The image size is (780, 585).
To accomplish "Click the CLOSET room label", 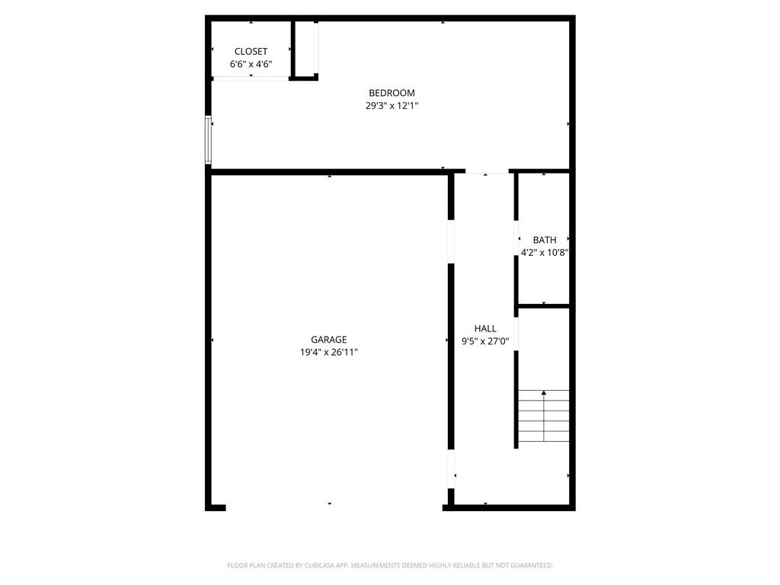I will tap(251, 52).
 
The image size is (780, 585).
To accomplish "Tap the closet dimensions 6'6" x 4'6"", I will tap(251, 65).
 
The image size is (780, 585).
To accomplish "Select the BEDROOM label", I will tap(392, 93).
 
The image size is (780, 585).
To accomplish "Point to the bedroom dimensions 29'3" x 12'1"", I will tap(392, 106).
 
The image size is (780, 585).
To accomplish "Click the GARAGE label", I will tap(328, 340).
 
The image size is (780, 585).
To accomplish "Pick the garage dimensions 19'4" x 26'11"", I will tap(328, 353).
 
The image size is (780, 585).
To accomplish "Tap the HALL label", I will tap(485, 328).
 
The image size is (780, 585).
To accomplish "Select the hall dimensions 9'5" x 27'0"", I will tap(485, 341).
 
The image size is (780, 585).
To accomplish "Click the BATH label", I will tap(544, 240).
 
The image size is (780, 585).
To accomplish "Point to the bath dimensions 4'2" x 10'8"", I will tap(544, 253).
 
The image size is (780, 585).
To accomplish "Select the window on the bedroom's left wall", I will tap(208, 139).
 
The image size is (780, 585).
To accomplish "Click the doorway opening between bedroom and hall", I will tap(487, 172).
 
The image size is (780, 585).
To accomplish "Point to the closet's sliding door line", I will tap(251, 78).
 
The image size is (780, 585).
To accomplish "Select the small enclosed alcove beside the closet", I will tap(305, 49).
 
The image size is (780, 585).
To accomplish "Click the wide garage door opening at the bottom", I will tap(334, 507).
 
